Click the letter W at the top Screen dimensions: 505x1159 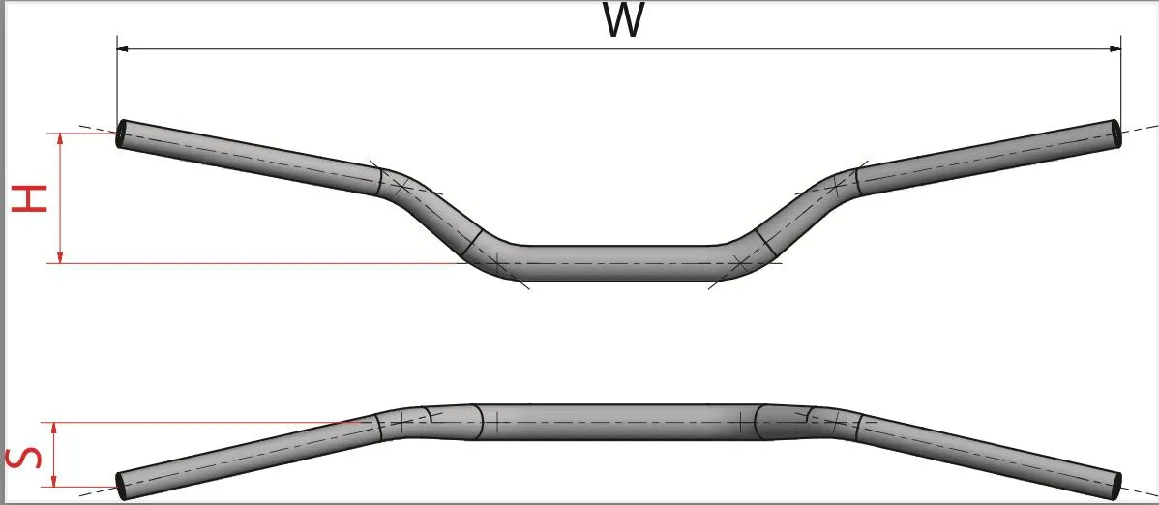[x=622, y=21]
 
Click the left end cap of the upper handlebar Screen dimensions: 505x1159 [x=120, y=134]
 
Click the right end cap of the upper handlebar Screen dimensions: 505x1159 [x=1117, y=134]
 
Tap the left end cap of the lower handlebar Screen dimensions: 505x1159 [x=120, y=486]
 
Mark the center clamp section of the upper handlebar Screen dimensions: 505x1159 [x=619, y=262]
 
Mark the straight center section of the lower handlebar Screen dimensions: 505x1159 [x=619, y=423]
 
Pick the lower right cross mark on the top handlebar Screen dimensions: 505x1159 [x=741, y=262]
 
